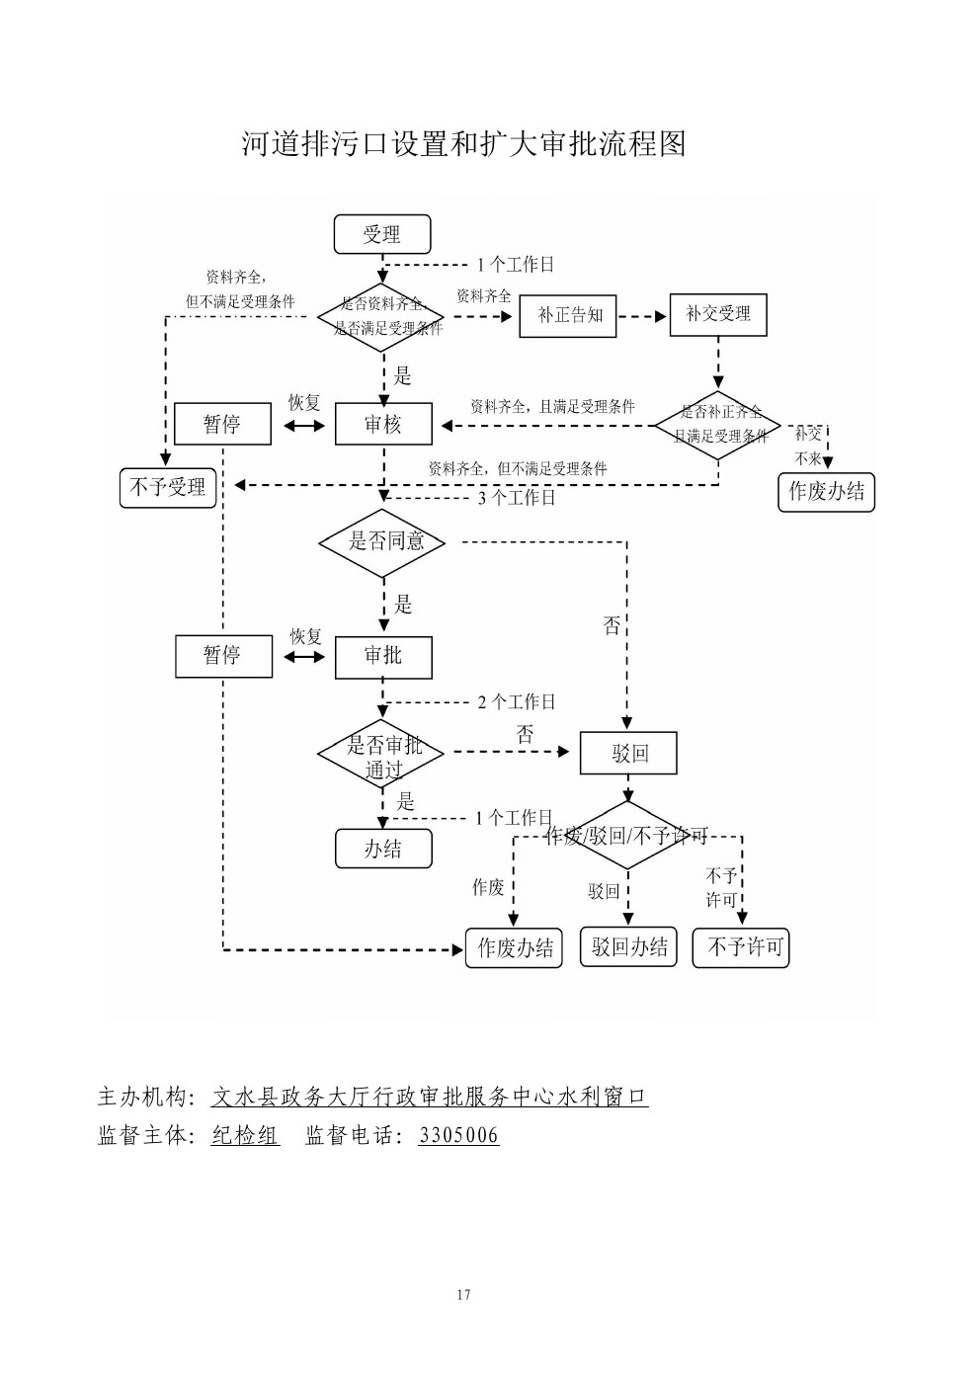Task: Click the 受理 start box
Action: coord(382,235)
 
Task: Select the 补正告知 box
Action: coord(568,316)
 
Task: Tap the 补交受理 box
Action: coord(718,315)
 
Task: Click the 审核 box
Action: coord(383,425)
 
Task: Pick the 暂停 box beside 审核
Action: coord(222,425)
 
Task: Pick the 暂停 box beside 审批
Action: coord(223,656)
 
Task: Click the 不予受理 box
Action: coord(168,487)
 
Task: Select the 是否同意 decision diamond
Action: coord(383,541)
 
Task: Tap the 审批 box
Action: coord(383,656)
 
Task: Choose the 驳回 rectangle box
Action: coord(628,754)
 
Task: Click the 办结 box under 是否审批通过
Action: coord(383,849)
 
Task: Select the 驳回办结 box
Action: coord(628,947)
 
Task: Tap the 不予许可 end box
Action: coord(742,947)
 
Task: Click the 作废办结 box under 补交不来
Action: coord(826,491)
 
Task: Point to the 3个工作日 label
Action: coord(517,498)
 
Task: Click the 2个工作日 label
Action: coord(517,702)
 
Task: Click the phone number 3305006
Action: coord(458,1136)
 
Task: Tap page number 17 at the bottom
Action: coord(464,1295)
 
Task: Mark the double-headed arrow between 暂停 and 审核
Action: coord(303,426)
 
